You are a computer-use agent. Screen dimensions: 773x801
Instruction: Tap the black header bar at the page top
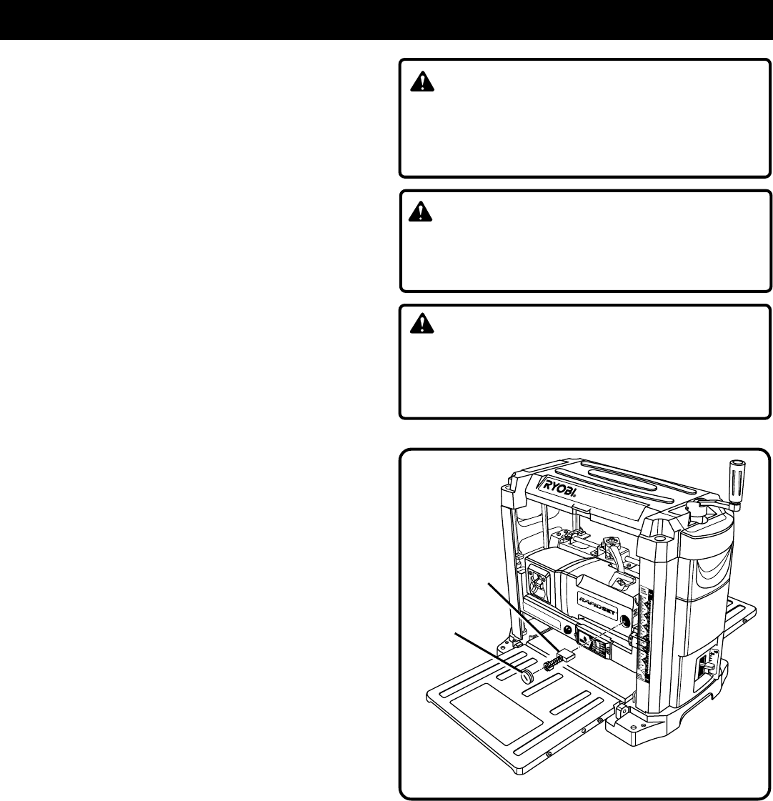point(386,19)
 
